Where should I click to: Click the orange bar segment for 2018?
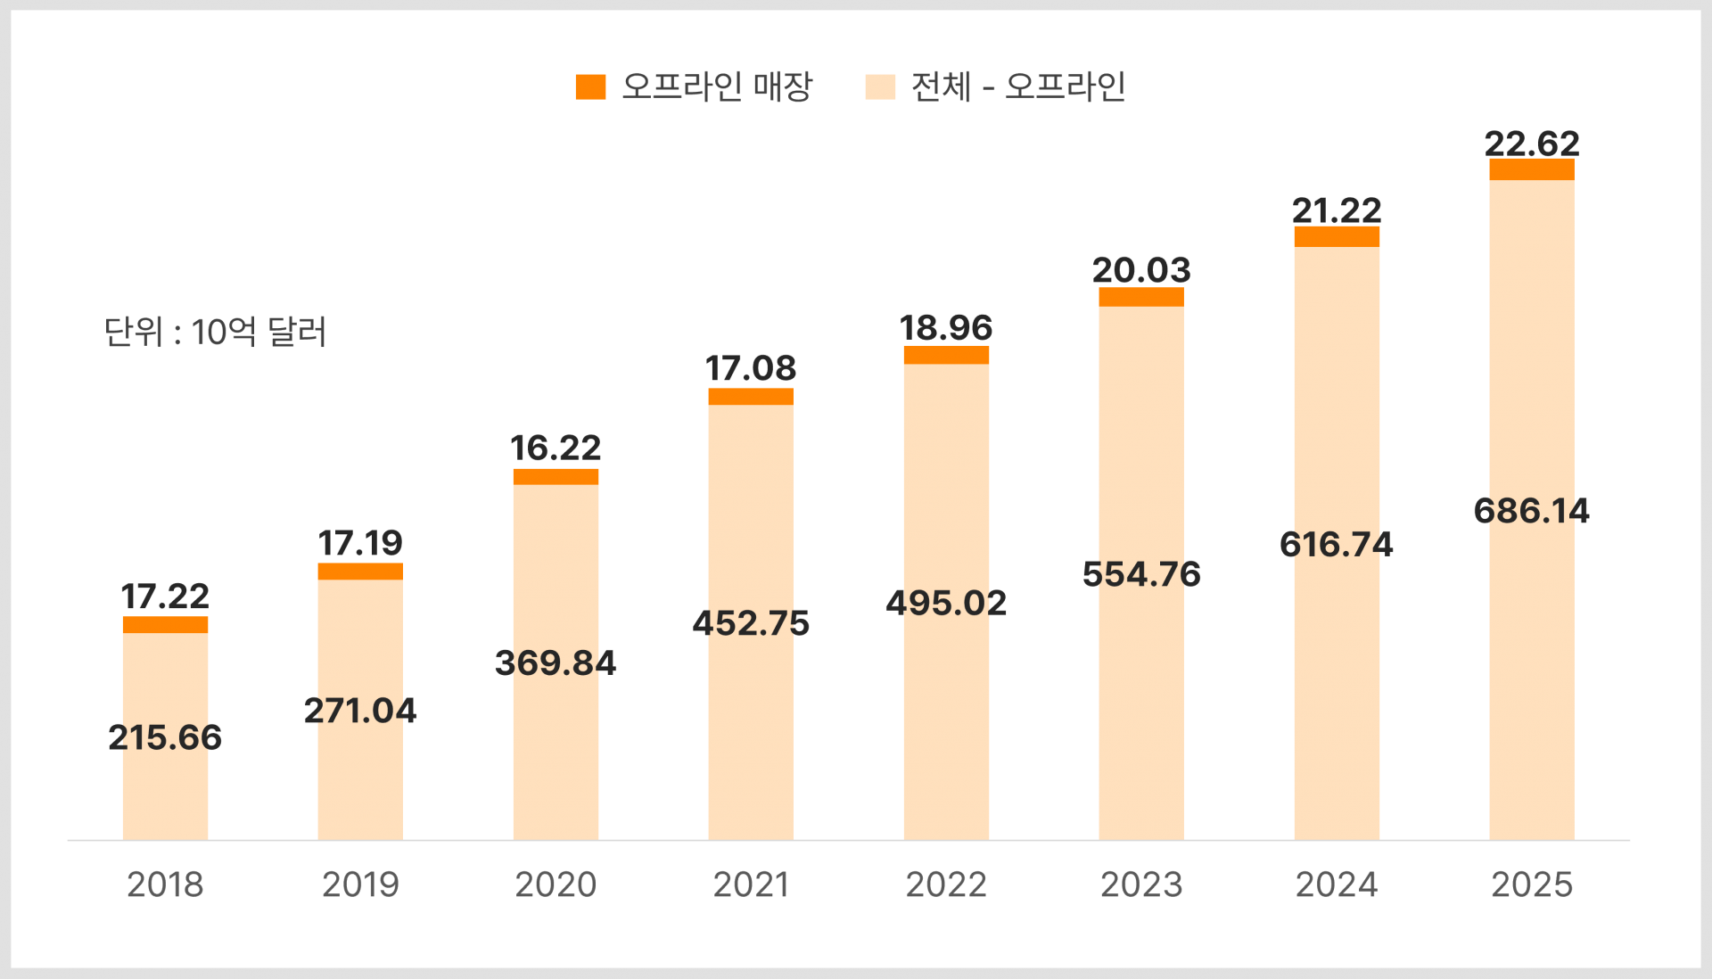tap(165, 624)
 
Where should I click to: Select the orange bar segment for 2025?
tap(1531, 169)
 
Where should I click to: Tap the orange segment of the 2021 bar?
tap(750, 396)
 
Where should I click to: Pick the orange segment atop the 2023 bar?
tap(1140, 297)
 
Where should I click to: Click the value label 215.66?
tap(165, 737)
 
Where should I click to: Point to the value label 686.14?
tap(1531, 511)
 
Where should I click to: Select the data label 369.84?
tap(556, 662)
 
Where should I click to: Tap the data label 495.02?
tap(946, 603)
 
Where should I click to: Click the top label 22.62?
tap(1531, 143)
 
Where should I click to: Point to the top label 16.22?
tap(556, 448)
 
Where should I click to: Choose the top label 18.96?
tap(946, 327)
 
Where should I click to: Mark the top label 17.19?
tap(360, 542)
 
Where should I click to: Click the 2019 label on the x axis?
tap(360, 884)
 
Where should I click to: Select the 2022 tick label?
tap(946, 884)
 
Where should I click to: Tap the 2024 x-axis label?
tap(1337, 884)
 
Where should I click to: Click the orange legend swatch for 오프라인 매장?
tap(590, 86)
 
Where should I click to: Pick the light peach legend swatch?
tap(880, 86)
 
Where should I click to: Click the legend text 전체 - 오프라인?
tap(1017, 86)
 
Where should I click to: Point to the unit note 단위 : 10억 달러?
tap(215, 332)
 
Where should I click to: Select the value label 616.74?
tap(1337, 544)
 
